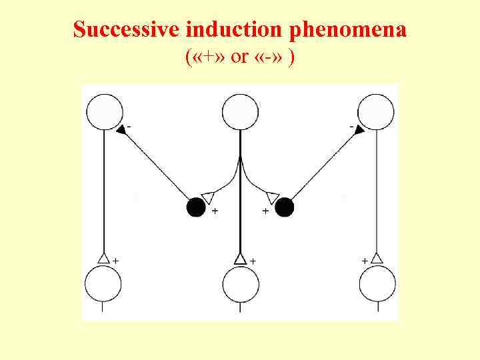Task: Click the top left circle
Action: pos(105,112)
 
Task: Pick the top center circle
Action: pos(240,112)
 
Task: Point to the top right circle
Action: pos(376,112)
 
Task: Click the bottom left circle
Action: pos(103,284)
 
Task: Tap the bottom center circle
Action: pos(241,284)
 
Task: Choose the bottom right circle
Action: pos(377,284)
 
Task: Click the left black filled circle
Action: pos(196,207)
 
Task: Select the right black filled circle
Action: pos(285,207)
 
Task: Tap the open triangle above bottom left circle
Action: pos(103,257)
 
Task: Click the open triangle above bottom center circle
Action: pos(241,258)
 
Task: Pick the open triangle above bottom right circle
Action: pos(377,257)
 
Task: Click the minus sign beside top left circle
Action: pos(129,125)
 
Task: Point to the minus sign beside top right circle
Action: pos(351,125)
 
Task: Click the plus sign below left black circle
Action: pos(215,211)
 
